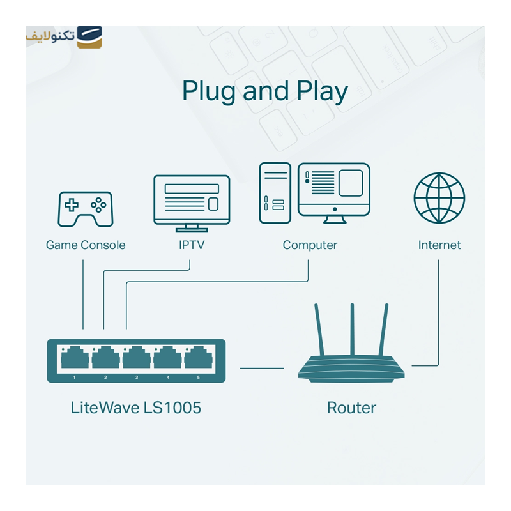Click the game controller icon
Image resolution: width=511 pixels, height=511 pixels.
tap(85, 208)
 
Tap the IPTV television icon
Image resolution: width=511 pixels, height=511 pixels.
tap(192, 202)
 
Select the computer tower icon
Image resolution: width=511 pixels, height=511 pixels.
tap(275, 193)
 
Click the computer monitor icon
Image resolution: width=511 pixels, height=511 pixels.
tap(333, 192)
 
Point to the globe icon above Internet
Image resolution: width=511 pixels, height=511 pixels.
tap(439, 197)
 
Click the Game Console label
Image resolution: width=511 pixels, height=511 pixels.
tap(86, 245)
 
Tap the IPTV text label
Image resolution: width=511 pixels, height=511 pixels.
tap(192, 245)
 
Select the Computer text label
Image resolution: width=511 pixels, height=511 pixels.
tap(310, 245)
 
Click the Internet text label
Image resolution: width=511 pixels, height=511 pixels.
tap(439, 245)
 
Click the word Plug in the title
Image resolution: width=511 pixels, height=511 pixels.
tap(210, 91)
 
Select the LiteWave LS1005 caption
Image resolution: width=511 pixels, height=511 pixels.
tap(136, 408)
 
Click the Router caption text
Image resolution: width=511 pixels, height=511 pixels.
tap(351, 408)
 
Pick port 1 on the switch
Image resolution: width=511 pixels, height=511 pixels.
tap(74, 358)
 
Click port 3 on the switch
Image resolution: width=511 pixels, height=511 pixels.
tap(136, 358)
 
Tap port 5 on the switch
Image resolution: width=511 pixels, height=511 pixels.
tap(198, 358)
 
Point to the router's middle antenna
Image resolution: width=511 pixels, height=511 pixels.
tap(352, 332)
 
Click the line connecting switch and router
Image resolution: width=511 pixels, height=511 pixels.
tap(262, 368)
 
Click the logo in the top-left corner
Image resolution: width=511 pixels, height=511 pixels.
tap(64, 36)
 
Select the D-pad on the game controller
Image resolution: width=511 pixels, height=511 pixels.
tap(72, 205)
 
